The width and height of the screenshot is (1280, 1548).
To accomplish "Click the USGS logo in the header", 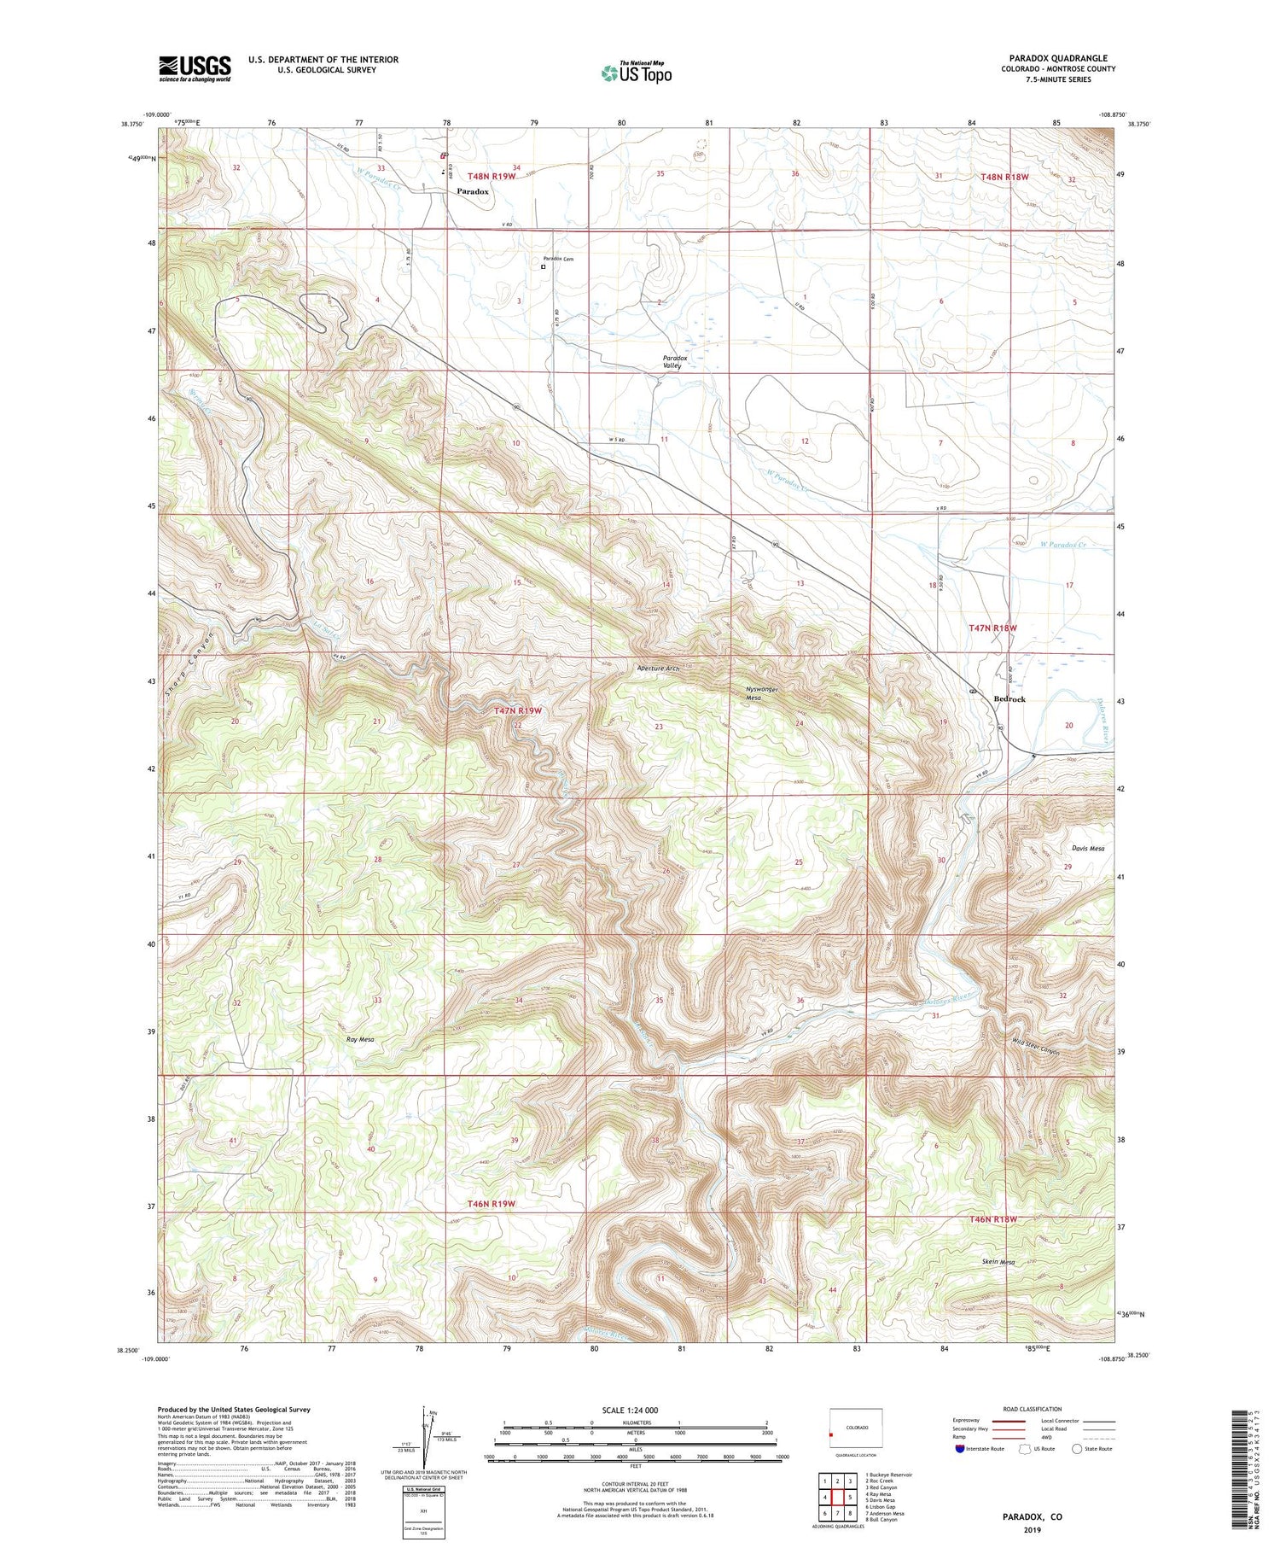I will tap(195, 67).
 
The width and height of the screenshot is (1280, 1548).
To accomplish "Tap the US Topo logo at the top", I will tap(636, 73).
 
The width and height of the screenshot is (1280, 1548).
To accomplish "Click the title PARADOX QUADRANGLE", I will tap(1057, 58).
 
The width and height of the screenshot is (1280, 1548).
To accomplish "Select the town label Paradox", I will tap(472, 191).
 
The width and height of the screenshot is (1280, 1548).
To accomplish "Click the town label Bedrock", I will tap(1009, 698).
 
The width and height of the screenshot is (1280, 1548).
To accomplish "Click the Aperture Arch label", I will tap(657, 669).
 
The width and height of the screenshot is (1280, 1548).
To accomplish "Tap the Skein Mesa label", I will tap(997, 1262).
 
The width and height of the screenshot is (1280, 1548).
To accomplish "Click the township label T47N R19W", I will tap(518, 710).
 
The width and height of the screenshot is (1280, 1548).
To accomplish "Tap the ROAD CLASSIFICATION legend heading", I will tap(1032, 1409).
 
